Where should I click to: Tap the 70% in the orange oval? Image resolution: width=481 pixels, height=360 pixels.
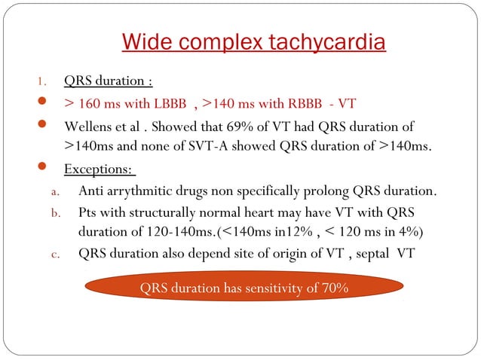(333, 288)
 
